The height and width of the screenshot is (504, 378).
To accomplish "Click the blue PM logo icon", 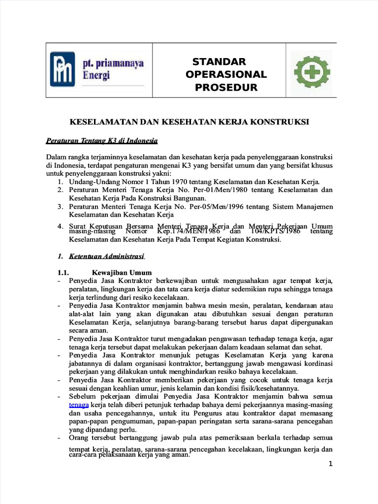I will [63, 69].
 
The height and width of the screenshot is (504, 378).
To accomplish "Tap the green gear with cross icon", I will [312, 73].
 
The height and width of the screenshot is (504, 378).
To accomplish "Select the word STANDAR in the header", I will [219, 62].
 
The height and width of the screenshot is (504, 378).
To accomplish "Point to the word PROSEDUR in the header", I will [226, 88].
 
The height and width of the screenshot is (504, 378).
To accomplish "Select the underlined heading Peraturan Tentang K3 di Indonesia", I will [101, 141].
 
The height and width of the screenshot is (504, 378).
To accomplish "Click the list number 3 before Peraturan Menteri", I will [59, 206].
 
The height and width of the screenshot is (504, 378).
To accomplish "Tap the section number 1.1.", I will [63, 272].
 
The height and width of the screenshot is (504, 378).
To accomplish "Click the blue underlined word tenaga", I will [78, 405].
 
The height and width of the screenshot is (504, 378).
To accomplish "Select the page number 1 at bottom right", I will [331, 464].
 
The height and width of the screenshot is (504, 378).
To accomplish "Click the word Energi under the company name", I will [96, 76].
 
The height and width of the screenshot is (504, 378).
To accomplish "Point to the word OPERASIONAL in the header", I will [226, 74].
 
